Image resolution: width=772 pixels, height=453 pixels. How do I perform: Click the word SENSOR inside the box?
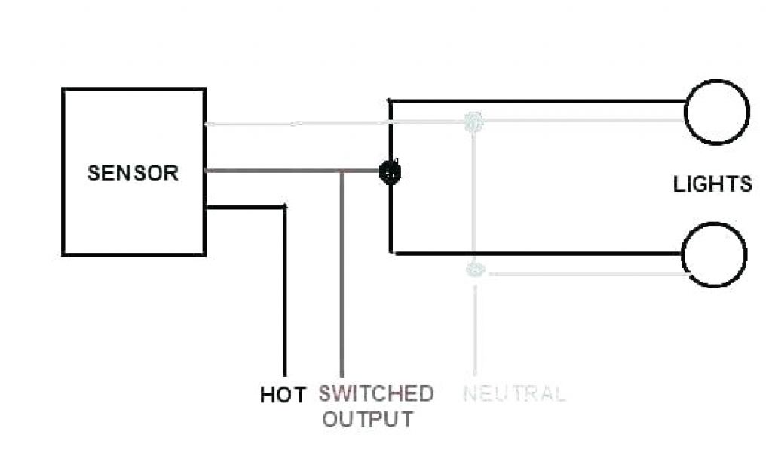click(x=133, y=173)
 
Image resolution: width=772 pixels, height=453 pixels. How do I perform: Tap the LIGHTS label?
click(x=712, y=183)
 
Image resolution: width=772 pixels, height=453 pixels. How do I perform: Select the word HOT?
click(x=283, y=394)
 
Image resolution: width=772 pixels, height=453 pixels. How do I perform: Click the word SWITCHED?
click(x=375, y=393)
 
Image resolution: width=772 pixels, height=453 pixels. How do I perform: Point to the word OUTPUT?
click(x=368, y=418)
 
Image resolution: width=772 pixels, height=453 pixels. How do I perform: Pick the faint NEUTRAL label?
click(x=513, y=393)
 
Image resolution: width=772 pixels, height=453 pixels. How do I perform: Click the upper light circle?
click(x=716, y=112)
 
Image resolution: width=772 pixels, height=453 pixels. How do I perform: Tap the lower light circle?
click(x=714, y=254)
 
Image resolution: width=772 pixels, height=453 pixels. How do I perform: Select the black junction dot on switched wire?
click(x=390, y=172)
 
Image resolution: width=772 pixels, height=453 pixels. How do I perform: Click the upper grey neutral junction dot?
click(x=473, y=121)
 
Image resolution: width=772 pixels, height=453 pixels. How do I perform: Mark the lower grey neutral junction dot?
click(x=473, y=269)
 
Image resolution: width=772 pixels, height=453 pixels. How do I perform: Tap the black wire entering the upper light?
click(x=543, y=100)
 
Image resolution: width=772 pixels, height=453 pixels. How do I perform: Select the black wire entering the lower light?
click(x=543, y=253)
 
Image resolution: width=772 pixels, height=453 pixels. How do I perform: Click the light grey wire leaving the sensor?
click(x=302, y=123)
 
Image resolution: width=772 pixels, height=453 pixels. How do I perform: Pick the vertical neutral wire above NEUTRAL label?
click(x=474, y=332)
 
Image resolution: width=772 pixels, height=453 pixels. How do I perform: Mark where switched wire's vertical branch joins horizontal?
click(x=342, y=171)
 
